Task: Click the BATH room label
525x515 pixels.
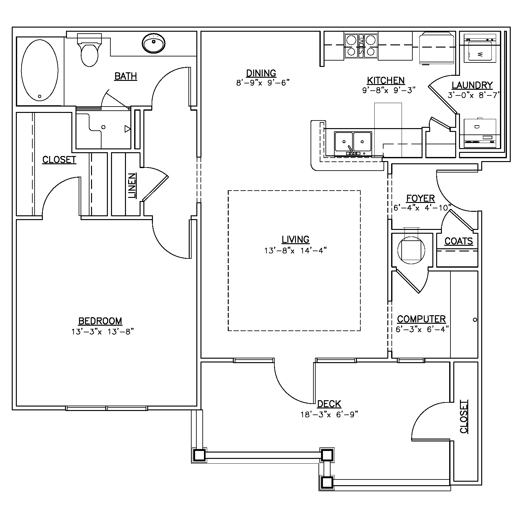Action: (126, 76)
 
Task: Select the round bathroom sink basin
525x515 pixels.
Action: (154, 43)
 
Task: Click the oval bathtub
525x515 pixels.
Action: (40, 70)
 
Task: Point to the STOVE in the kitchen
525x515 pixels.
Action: (361, 46)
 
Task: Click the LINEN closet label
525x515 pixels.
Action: (133, 186)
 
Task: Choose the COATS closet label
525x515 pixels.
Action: (459, 241)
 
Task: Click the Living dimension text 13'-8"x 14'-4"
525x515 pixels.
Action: (296, 251)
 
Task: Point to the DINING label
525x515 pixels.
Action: (261, 73)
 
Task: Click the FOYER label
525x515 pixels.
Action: (421, 199)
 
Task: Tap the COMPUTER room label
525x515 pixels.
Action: (421, 319)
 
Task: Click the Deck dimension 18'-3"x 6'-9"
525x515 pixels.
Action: (329, 414)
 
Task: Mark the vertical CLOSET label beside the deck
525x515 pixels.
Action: (464, 416)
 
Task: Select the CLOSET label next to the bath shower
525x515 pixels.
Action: (59, 160)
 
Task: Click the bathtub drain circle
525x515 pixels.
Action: (40, 96)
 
